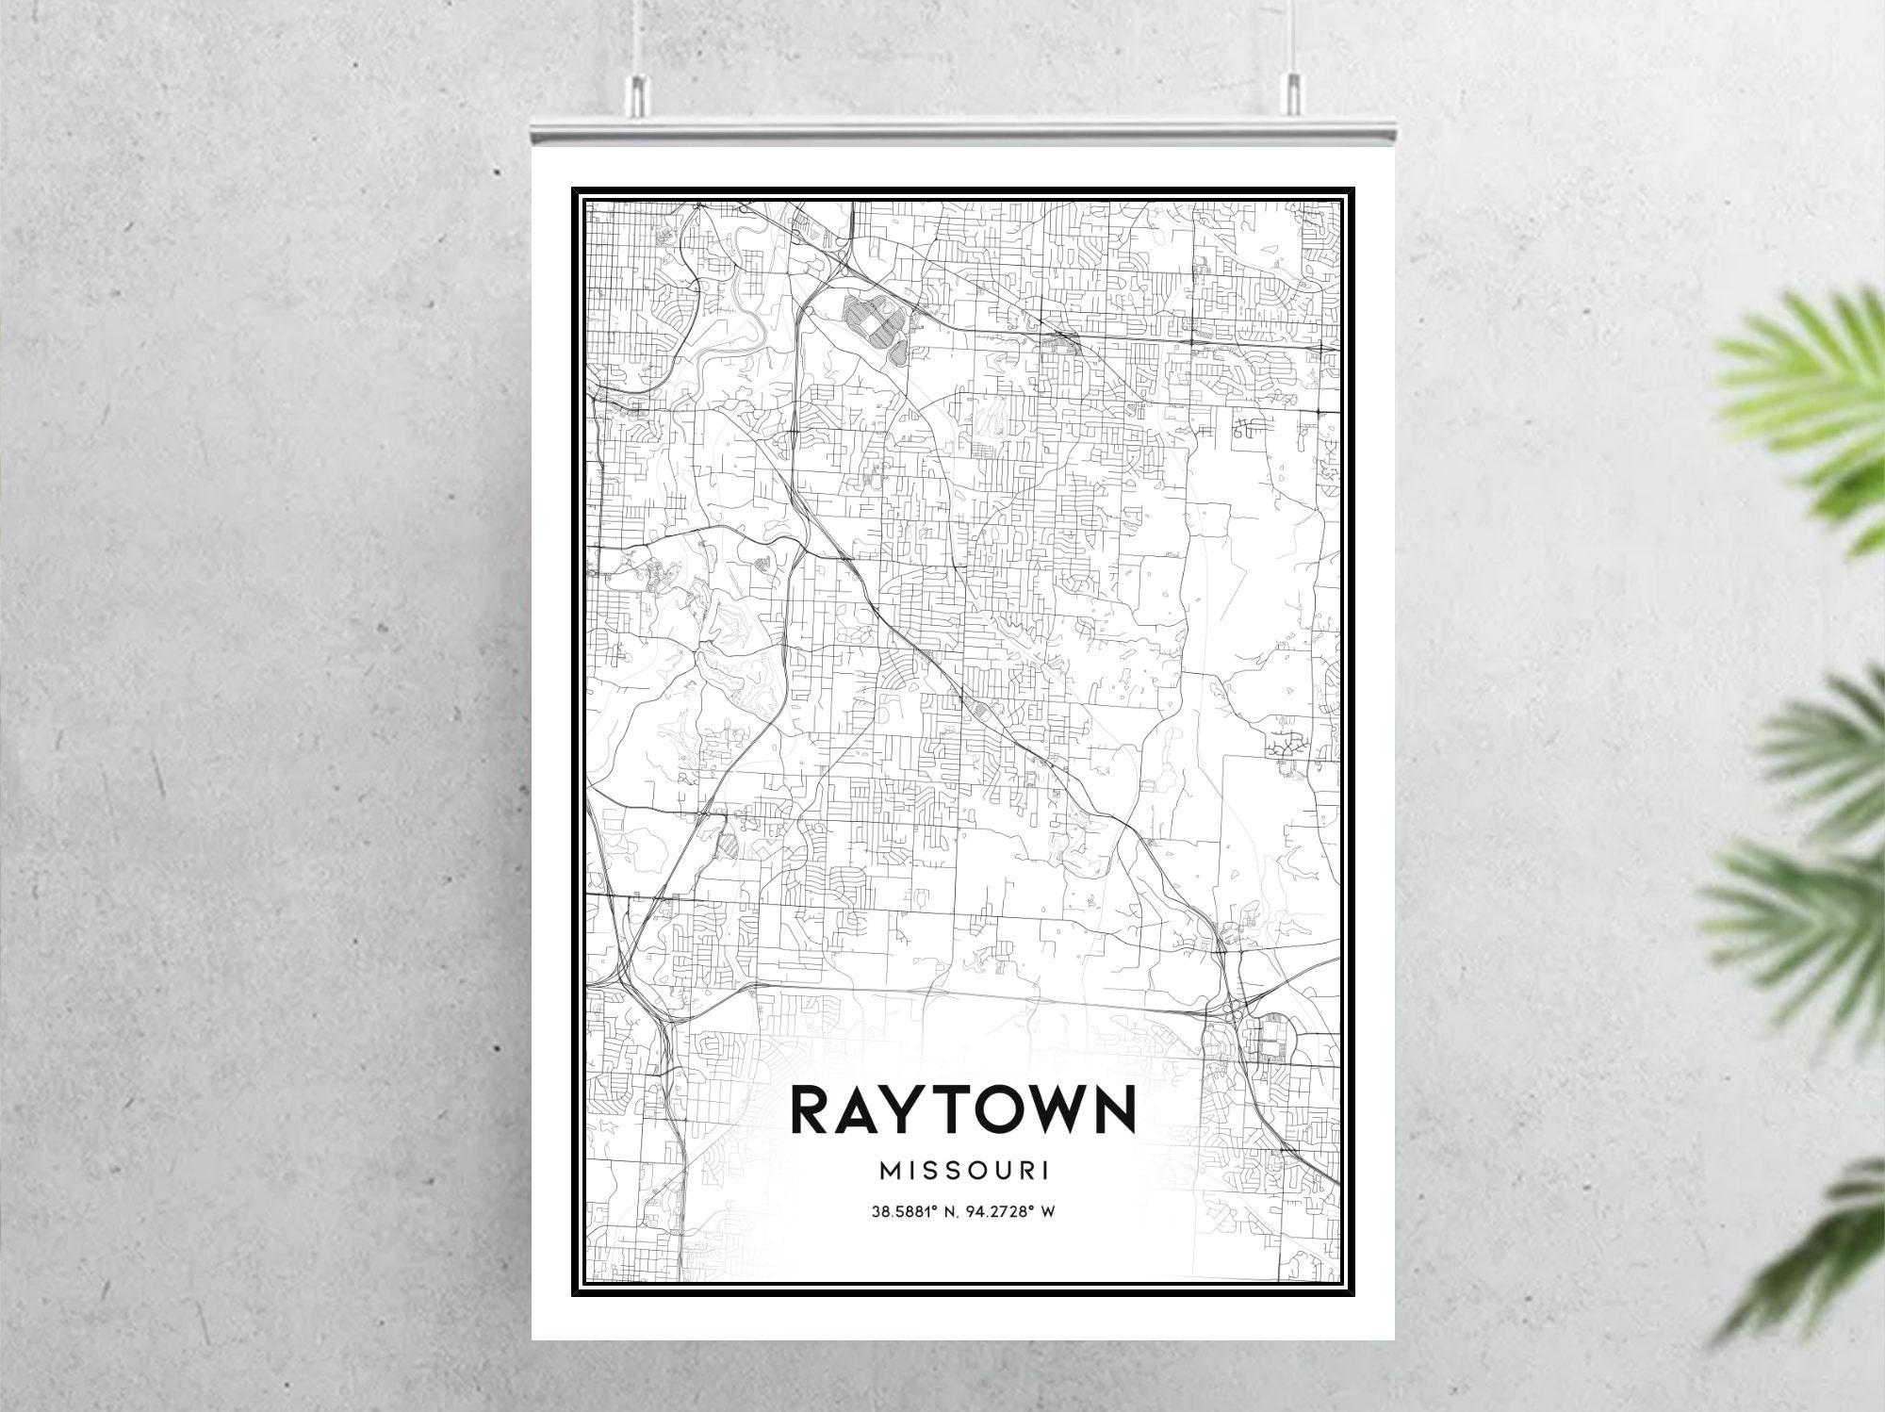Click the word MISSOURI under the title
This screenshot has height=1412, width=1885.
point(963,1171)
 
